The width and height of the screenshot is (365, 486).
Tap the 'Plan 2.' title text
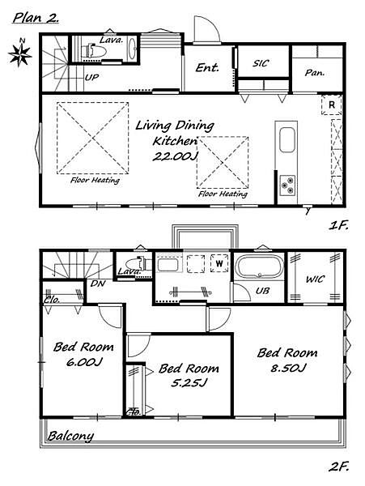[x=36, y=17]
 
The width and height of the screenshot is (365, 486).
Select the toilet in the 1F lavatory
[x=94, y=50]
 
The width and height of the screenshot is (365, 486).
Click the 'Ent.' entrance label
[x=207, y=67]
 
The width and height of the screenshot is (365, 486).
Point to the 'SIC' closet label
[x=261, y=63]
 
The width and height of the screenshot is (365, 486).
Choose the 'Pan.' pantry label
[x=315, y=73]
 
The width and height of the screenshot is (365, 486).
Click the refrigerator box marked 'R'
[x=332, y=104]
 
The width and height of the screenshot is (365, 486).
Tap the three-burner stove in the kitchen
[x=287, y=185]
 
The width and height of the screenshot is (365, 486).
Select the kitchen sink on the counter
[x=287, y=140]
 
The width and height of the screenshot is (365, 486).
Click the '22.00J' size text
[x=175, y=156]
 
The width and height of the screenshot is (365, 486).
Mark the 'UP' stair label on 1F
[x=91, y=77]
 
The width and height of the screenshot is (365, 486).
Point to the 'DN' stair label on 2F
[x=98, y=283]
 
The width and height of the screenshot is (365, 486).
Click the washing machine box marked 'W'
[x=219, y=263]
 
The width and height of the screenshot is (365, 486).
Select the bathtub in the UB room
[x=259, y=266]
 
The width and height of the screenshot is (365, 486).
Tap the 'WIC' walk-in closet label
[x=315, y=279]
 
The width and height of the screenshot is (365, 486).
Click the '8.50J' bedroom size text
[x=288, y=369]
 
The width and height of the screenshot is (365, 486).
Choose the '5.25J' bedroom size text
[x=189, y=383]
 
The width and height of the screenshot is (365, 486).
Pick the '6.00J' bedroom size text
[x=83, y=362]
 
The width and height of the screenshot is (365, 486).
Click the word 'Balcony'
[x=70, y=436]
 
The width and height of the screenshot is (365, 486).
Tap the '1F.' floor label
[x=338, y=225]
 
